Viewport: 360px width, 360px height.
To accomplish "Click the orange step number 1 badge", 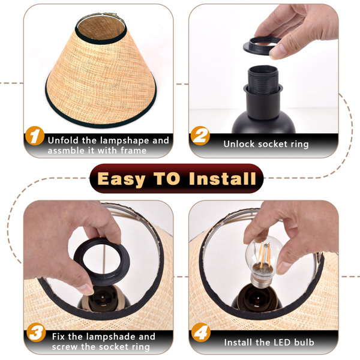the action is pyautogui.click(x=35, y=136).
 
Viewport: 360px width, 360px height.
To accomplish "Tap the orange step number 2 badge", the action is pyautogui.click(x=200, y=136).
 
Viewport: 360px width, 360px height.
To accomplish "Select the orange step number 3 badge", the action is pyautogui.click(x=36, y=332).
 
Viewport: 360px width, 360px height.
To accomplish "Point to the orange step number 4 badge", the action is pyautogui.click(x=200, y=332).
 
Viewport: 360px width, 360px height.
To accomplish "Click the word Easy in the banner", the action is pyautogui.click(x=121, y=179).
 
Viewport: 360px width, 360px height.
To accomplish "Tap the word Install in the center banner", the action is pyautogui.click(x=222, y=178).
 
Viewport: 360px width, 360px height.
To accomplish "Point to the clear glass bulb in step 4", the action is pyautogui.click(x=263, y=256).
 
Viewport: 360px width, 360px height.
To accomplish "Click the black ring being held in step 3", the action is pyautogui.click(x=101, y=260).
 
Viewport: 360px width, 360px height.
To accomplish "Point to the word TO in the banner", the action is pyautogui.click(x=167, y=178).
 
